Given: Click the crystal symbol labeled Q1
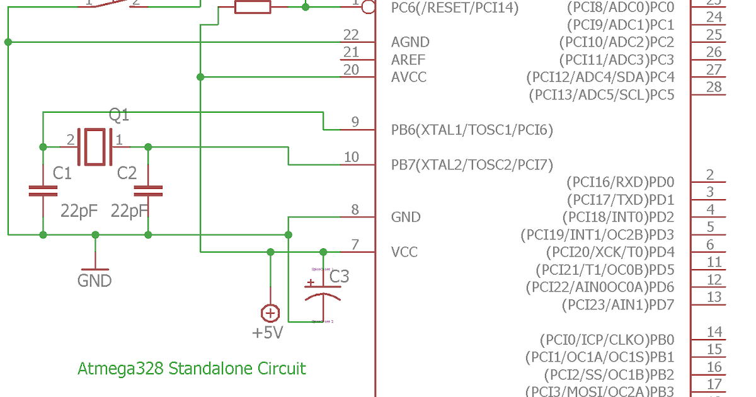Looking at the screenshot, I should (x=94, y=146).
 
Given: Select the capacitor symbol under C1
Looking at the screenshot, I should (x=43, y=191).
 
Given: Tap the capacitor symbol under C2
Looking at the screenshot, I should (x=148, y=191).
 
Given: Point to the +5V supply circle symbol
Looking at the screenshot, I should (x=270, y=313).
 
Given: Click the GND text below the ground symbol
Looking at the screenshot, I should (x=94, y=280).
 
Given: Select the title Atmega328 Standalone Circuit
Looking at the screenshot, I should (x=192, y=369).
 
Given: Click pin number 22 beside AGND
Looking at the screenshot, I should (x=351, y=35).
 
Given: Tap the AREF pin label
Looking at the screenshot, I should (x=408, y=60).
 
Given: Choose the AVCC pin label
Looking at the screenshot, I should (x=409, y=78).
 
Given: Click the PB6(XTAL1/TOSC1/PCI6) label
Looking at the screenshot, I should (x=472, y=130).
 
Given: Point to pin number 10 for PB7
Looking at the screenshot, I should (x=351, y=158).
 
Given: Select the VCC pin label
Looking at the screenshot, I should (x=404, y=252).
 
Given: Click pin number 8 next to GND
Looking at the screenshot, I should (x=355, y=210).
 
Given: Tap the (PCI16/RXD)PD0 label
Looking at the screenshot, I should (x=621, y=183).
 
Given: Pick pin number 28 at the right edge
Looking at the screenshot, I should (x=714, y=87).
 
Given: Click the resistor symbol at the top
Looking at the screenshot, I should (x=253, y=7).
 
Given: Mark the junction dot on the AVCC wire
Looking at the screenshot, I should (x=200, y=77).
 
